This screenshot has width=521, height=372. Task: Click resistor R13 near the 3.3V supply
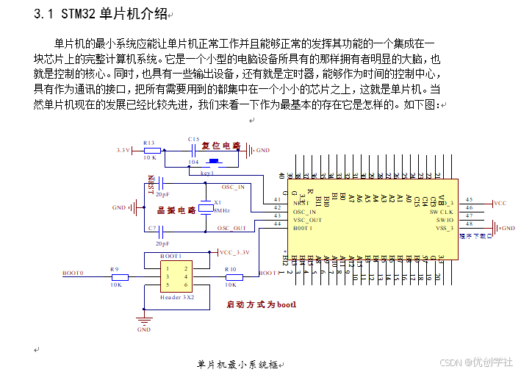(x=149, y=150)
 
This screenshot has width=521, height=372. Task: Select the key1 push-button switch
(x=214, y=162)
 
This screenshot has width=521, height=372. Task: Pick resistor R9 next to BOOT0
(x=119, y=277)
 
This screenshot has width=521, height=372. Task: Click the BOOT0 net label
(x=73, y=273)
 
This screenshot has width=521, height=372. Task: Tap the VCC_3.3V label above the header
(x=234, y=252)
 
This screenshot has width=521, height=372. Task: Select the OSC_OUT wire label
(x=231, y=228)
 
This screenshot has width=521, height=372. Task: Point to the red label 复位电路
(x=221, y=146)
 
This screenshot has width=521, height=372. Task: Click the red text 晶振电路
(x=176, y=210)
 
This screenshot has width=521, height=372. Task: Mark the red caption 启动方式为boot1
(x=261, y=304)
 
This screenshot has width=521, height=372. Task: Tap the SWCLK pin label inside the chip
(x=442, y=211)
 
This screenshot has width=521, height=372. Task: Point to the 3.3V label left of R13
(x=123, y=150)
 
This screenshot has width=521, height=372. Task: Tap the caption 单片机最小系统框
(x=238, y=365)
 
